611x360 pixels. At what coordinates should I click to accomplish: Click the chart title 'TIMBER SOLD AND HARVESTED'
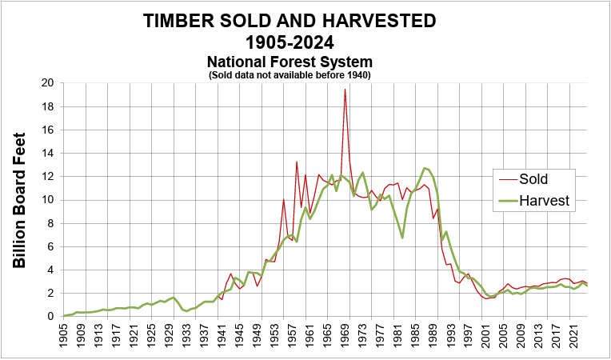click(290, 22)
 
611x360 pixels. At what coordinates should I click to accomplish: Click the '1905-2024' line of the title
click(290, 42)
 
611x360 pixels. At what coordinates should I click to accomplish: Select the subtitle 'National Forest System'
click(290, 62)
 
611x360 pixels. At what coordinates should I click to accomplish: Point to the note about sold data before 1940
click(290, 74)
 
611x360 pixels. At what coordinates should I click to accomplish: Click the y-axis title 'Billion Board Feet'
click(21, 200)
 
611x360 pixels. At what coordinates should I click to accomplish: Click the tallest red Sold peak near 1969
click(345, 90)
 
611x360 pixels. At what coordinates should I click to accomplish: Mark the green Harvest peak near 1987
click(425, 168)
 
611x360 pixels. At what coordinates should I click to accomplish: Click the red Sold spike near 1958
click(297, 162)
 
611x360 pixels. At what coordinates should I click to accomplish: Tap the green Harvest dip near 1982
click(402, 237)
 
